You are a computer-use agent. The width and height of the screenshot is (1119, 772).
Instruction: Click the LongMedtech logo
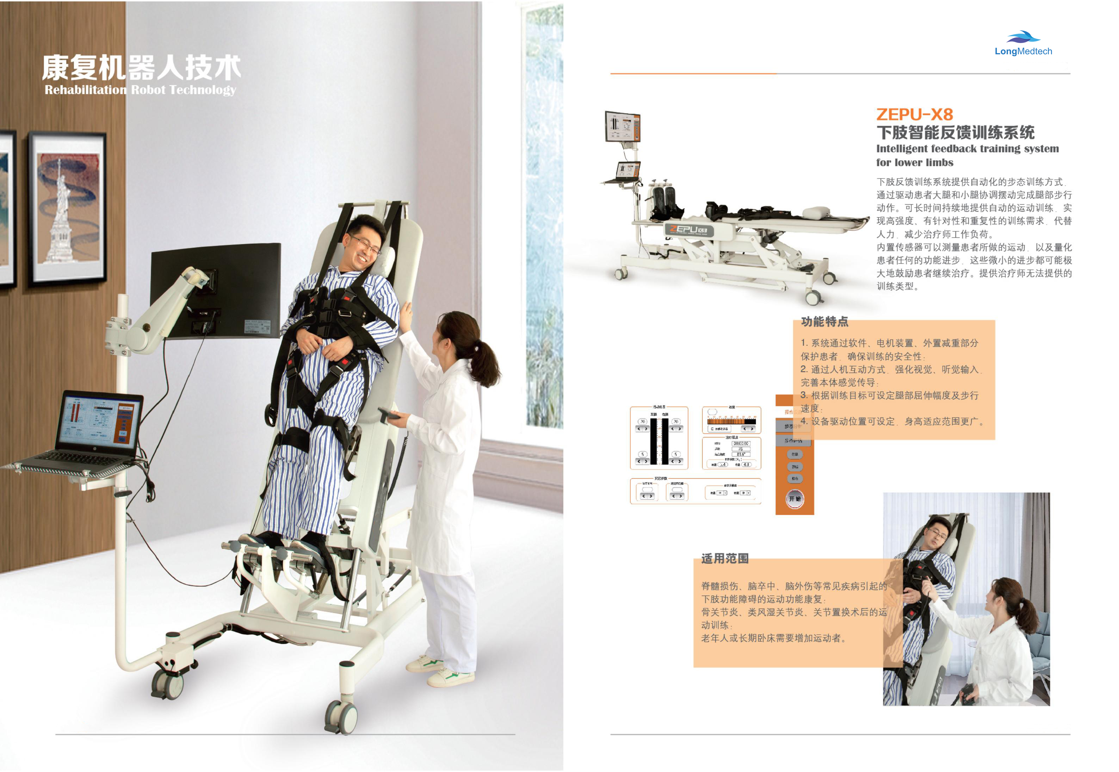click(1023, 44)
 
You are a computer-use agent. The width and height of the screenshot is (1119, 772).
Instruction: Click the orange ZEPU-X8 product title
click(914, 115)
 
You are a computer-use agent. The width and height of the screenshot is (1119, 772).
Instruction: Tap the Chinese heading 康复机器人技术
click(141, 67)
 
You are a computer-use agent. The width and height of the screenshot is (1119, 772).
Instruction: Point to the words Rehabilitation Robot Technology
click(140, 90)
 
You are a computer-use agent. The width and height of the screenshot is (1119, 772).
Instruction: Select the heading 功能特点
click(824, 322)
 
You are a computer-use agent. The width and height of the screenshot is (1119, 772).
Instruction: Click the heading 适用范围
click(725, 559)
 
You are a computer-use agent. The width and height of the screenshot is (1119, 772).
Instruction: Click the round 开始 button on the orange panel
click(795, 499)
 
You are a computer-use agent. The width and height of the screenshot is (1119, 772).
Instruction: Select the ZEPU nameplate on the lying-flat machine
click(687, 230)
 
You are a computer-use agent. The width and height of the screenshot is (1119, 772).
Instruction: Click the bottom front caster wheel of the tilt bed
click(341, 716)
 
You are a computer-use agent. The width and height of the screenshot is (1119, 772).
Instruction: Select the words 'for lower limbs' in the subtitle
click(914, 162)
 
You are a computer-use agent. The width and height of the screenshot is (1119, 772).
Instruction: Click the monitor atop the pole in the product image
click(622, 127)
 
